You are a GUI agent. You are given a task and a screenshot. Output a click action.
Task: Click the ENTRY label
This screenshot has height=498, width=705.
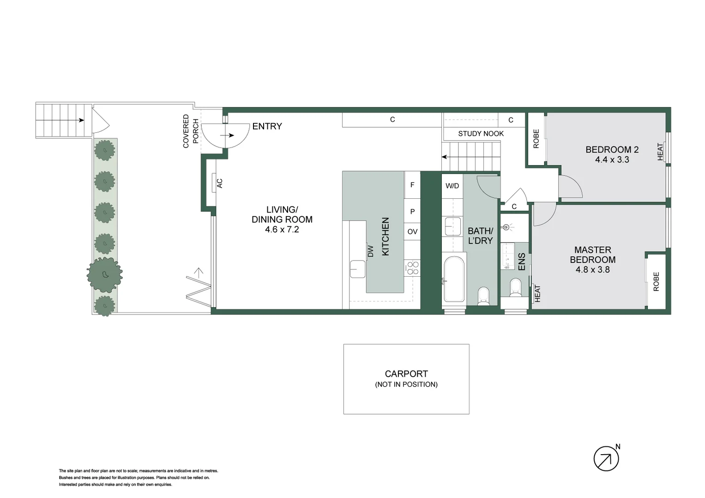[267, 126]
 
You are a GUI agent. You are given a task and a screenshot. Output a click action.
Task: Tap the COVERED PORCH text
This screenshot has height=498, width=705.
[190, 131]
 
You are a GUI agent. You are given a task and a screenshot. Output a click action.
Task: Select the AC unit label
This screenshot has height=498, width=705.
[220, 183]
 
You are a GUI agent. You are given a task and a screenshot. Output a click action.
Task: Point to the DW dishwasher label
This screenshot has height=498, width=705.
[370, 251]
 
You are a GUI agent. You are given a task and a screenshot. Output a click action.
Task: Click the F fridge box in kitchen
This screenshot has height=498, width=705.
[412, 185]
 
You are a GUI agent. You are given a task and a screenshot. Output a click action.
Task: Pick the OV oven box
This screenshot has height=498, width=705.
[412, 231]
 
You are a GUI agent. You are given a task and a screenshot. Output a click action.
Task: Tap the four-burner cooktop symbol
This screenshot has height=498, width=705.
[412, 268]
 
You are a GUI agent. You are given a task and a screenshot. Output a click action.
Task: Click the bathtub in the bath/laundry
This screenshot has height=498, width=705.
[453, 279]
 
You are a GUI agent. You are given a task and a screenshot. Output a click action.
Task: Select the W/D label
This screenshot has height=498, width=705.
[452, 186]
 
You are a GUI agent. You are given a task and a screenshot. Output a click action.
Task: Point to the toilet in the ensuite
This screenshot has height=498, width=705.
[515, 288]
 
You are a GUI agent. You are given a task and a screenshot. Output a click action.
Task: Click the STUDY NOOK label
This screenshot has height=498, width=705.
[481, 134]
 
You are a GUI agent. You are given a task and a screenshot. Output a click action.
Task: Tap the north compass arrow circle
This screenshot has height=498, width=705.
[606, 458]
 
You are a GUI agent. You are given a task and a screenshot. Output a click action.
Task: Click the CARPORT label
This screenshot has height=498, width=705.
[406, 374]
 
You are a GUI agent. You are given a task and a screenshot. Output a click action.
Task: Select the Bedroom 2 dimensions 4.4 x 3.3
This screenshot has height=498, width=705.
[612, 160]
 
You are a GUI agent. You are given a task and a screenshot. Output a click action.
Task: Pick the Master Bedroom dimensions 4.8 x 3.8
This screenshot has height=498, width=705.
[592, 270]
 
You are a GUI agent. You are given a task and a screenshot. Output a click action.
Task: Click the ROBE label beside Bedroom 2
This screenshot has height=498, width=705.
[536, 138]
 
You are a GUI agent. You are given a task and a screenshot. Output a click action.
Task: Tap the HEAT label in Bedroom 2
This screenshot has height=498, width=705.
[660, 152]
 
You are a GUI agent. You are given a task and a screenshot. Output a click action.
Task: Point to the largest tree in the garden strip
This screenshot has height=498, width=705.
[105, 274]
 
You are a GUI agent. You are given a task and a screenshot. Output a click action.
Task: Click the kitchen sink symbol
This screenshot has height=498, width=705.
[357, 269]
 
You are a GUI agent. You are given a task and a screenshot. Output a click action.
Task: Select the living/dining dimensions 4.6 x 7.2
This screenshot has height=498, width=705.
[282, 230]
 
